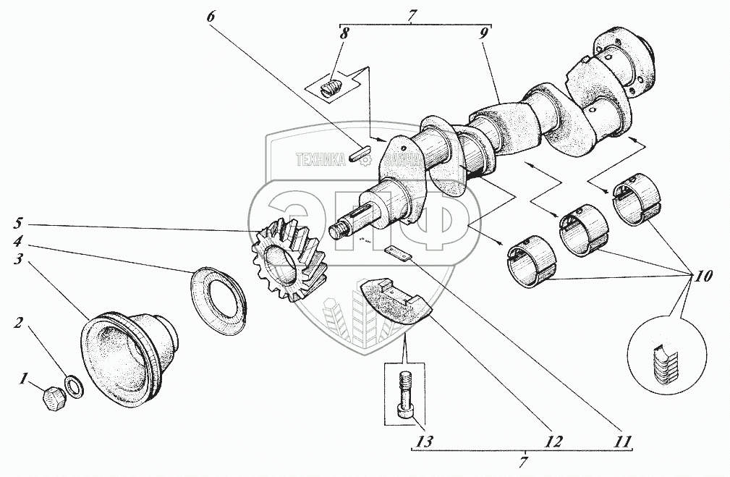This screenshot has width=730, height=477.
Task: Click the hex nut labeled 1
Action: [51, 397]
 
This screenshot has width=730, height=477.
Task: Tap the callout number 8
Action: [344, 33]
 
